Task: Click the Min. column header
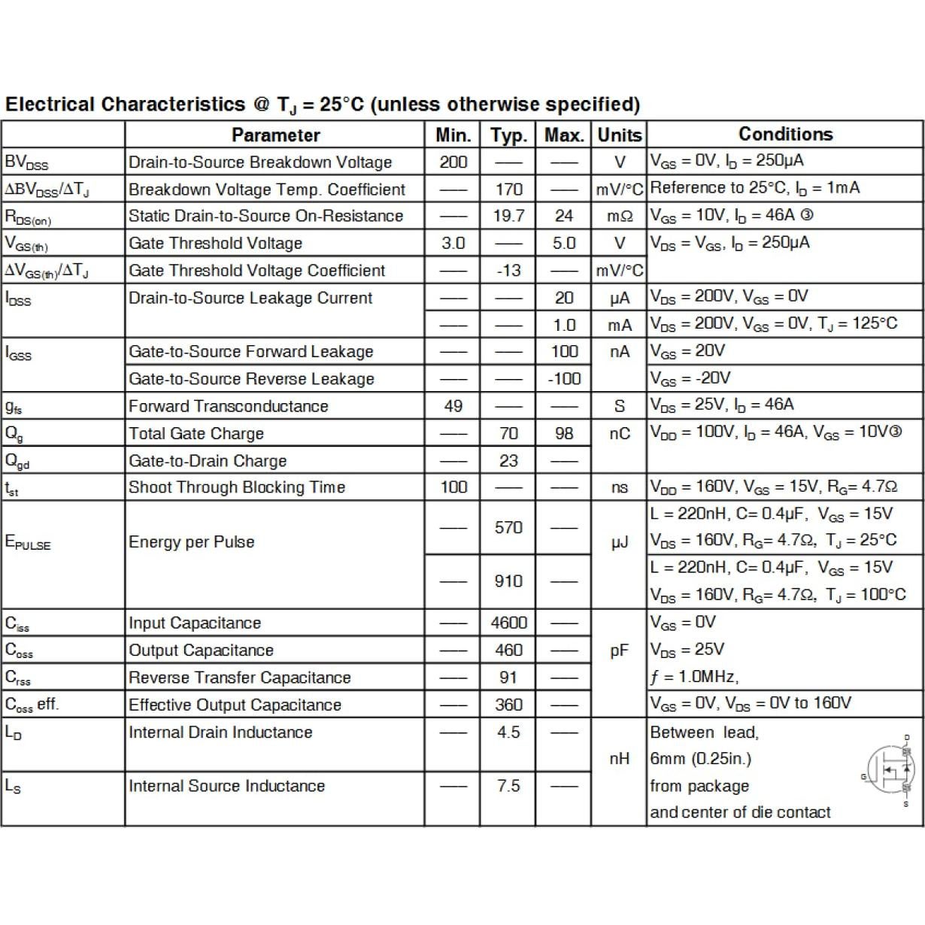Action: [x=453, y=135]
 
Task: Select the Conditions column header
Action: [x=785, y=135]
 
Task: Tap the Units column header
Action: [x=620, y=135]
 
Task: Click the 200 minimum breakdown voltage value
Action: [x=453, y=162]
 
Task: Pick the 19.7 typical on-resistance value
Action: [x=508, y=217]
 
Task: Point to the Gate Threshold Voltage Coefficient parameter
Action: [x=256, y=271]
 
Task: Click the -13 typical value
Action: [x=508, y=271]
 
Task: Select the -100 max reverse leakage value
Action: [x=564, y=379]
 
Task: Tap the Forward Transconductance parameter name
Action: [x=228, y=407]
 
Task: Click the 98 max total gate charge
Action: [x=564, y=434]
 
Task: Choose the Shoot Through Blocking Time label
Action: [x=236, y=487]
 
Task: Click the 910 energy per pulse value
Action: [x=508, y=581]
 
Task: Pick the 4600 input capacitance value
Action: [x=508, y=623]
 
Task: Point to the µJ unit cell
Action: [x=620, y=542]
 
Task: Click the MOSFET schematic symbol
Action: [x=892, y=771]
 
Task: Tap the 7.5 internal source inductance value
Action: [x=508, y=787]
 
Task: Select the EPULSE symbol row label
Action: [x=28, y=543]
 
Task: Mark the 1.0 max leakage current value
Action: [x=564, y=326]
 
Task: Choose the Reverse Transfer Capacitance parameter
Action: [x=239, y=678]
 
